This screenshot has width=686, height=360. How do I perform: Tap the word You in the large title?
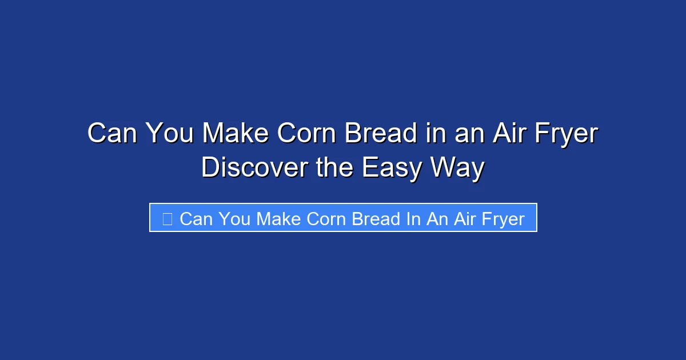click(x=169, y=134)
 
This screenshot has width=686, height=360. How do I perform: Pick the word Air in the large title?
click(x=504, y=134)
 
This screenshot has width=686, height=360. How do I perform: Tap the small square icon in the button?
click(x=167, y=218)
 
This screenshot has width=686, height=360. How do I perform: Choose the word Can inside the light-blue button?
click(x=196, y=219)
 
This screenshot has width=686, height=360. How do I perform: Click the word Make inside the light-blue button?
click(x=278, y=219)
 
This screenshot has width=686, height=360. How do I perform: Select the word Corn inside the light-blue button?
click(x=326, y=219)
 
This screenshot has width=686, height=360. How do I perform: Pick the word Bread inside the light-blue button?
click(x=376, y=219)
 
